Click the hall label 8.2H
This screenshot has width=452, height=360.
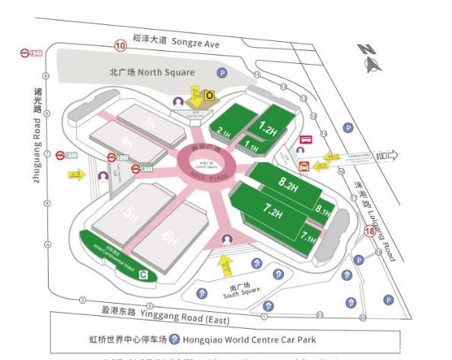click(x=288, y=183)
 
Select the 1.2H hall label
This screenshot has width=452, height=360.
click(x=267, y=129)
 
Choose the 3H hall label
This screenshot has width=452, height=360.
click(x=151, y=123)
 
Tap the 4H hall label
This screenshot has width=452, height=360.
click(x=126, y=142)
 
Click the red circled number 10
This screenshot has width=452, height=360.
click(x=119, y=46)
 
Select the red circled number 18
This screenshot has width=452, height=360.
click(x=370, y=231)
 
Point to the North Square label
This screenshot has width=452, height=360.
click(x=152, y=72)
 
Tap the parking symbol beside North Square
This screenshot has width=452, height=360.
click(x=222, y=73)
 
